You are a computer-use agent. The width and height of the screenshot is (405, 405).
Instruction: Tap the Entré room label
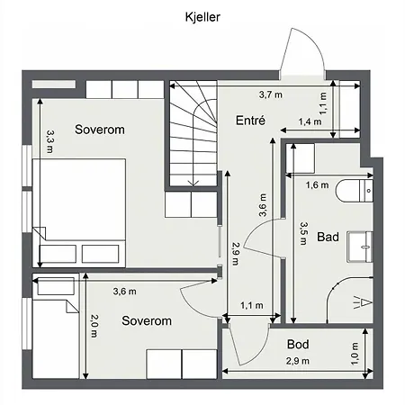pos(250,121)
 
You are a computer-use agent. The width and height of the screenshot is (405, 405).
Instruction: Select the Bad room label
pos(328,238)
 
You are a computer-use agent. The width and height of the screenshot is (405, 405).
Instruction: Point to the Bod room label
pos(299,344)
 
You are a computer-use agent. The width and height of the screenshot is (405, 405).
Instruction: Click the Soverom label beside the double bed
pos(99,130)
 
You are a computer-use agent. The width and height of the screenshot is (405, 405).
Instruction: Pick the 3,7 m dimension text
pos(271,94)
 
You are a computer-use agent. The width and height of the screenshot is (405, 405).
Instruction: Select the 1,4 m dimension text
pos(310,121)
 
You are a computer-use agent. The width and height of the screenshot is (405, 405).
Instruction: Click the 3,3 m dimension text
pos(50,139)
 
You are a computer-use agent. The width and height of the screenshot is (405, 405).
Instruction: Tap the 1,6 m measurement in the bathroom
pos(318,186)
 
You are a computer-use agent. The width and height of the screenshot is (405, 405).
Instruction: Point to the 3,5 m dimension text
pos(304,234)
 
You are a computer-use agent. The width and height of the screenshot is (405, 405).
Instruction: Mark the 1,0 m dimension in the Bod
pos(354,355)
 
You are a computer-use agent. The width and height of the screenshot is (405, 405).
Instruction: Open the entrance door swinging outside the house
pos(300,57)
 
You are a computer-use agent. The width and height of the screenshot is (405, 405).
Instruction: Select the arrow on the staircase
pos(192,181)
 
